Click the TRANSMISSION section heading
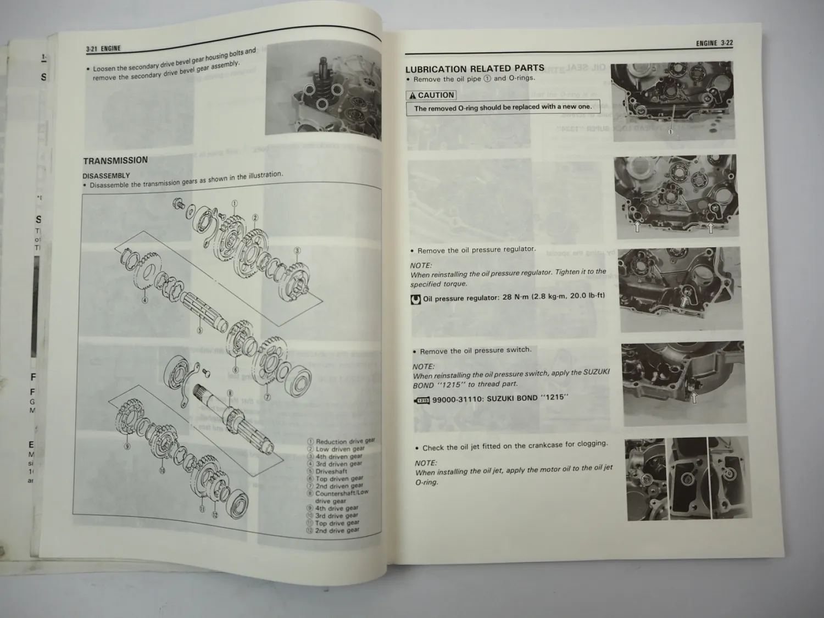115,160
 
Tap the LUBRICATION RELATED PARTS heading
475,69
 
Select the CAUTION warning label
431,95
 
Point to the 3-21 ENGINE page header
103,49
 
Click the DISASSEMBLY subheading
106,176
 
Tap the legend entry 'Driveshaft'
331,471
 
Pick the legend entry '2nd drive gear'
337,531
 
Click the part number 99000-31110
458,399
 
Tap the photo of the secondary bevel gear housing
322,91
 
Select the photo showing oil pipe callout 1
673,102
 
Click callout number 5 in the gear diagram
199,331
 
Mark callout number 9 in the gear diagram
127,447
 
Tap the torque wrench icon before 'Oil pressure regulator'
416,299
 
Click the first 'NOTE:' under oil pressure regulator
421,265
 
